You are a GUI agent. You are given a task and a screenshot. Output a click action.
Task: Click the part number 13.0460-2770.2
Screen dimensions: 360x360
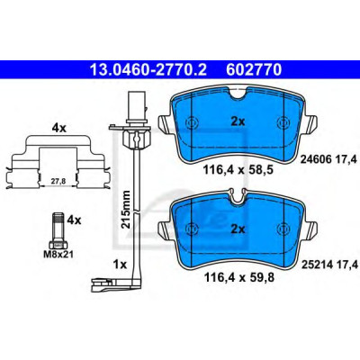148,70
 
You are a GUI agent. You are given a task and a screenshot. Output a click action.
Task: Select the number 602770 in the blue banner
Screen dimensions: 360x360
254,70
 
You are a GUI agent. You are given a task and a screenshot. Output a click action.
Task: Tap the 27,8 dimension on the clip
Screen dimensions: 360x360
58,181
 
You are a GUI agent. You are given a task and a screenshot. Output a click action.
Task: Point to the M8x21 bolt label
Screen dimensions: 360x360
58,255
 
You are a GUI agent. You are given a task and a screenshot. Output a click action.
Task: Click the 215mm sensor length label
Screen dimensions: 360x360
126,209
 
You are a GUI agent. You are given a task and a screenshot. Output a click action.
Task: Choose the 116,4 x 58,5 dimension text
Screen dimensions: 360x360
238,170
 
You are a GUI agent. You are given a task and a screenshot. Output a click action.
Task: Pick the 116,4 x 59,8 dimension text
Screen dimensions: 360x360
238,277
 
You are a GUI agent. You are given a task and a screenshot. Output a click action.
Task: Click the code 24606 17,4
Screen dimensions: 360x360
328,160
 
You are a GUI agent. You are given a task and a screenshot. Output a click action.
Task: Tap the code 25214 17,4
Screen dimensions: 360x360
329,265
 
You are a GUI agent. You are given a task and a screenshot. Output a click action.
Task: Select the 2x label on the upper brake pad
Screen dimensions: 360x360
238,121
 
